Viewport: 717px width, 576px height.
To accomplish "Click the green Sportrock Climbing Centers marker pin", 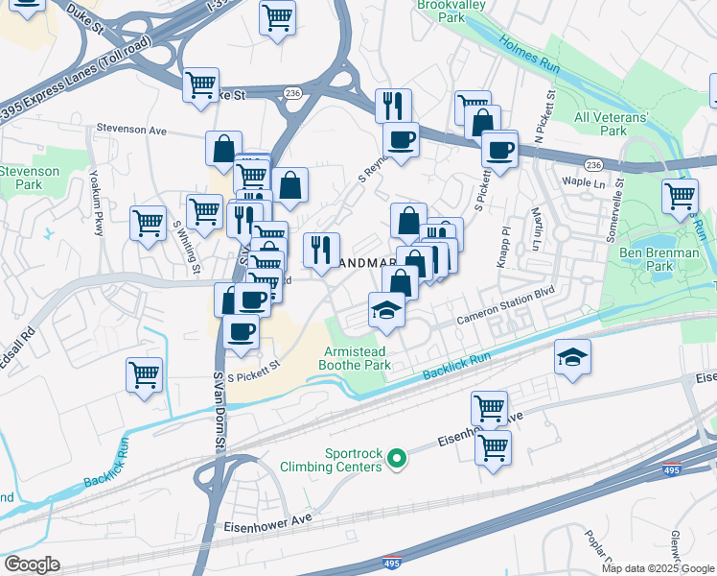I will pos(397,462).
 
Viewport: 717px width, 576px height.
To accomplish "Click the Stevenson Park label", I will pos(29,178).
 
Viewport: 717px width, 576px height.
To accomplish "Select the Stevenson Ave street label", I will pos(130,129).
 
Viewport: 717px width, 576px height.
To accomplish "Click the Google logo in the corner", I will pos(32,564).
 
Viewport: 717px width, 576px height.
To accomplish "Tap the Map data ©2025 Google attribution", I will pos(658,568).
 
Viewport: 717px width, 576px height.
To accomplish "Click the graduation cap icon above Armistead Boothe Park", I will pos(386,309).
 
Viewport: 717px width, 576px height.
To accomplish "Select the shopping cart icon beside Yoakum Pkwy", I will pos(148,223).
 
